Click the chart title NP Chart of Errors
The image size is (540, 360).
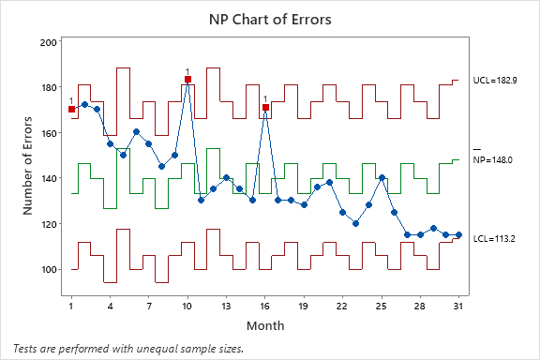click(270, 19)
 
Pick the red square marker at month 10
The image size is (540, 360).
click(187, 80)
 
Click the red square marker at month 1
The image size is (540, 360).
click(71, 109)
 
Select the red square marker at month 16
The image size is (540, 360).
click(265, 108)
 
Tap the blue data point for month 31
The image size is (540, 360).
click(458, 235)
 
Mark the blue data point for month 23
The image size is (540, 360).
click(355, 223)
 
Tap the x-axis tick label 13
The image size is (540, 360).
click(226, 306)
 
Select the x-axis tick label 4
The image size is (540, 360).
click(110, 306)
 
